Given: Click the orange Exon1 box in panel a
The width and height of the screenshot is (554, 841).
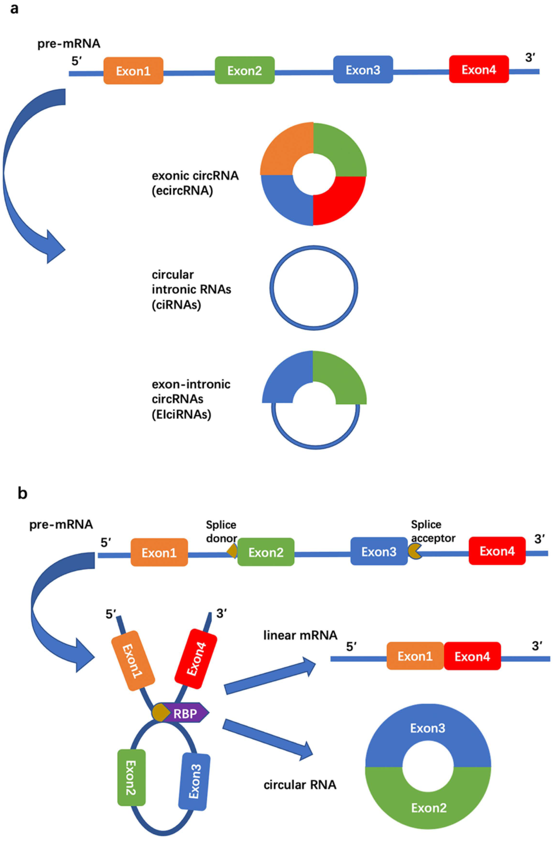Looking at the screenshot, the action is pyautogui.click(x=133, y=71).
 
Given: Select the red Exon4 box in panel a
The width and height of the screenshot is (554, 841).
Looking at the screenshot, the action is pyautogui.click(x=479, y=69).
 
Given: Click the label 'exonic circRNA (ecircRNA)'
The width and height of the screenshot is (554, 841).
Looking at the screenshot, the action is pyautogui.click(x=195, y=183).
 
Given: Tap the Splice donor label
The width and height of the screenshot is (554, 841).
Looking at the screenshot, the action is pyautogui.click(x=221, y=531).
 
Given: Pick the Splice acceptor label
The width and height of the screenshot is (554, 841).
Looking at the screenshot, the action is pyautogui.click(x=433, y=531).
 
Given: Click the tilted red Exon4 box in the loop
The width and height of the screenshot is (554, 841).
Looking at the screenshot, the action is pyautogui.click(x=196, y=659).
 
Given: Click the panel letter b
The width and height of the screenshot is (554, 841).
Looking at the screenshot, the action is pyautogui.click(x=22, y=493).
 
